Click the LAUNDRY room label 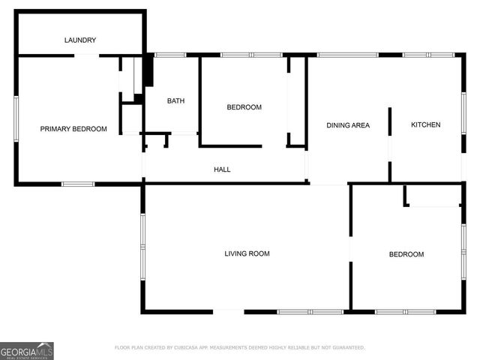click(x=80, y=40)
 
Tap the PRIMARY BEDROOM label click(x=73, y=129)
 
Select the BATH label click(x=175, y=100)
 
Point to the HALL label click(x=222, y=169)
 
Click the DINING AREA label click(x=348, y=125)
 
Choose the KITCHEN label click(x=425, y=124)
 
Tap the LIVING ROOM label click(x=247, y=253)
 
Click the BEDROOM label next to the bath click(x=244, y=107)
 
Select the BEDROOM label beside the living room click(x=406, y=254)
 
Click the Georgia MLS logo click(x=27, y=350)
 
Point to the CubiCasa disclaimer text click(x=240, y=348)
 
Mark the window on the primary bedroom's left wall click(x=16, y=118)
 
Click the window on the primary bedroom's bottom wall click(x=78, y=184)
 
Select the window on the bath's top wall click(x=170, y=55)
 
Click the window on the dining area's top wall click(x=348, y=55)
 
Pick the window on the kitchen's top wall click(x=428, y=55)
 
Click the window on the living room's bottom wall click(x=310, y=311)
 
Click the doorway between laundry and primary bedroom click(x=87, y=55)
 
